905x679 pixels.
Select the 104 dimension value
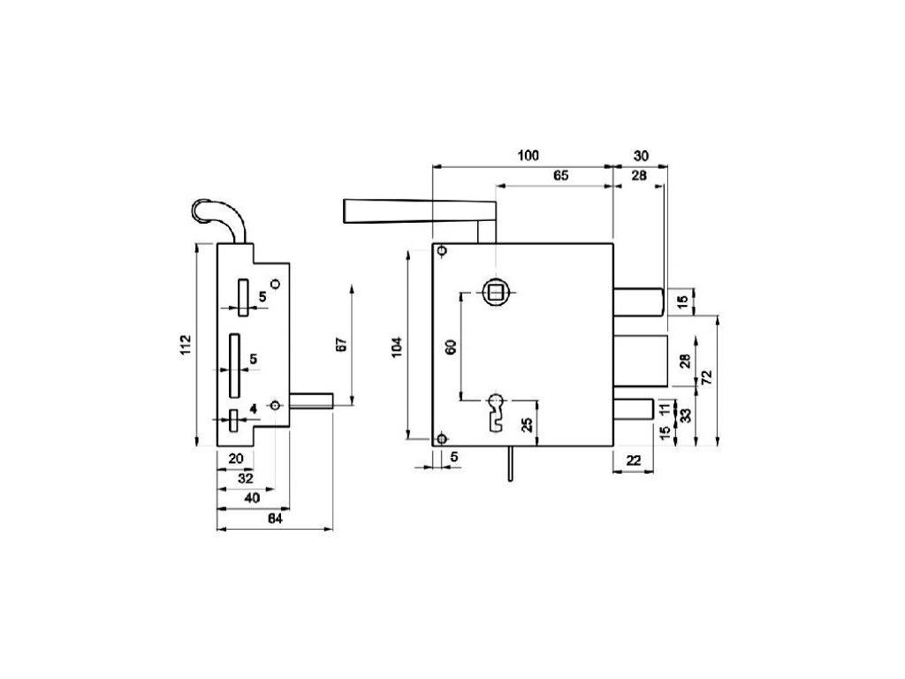tap(397, 347)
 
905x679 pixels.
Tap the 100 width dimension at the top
tap(528, 156)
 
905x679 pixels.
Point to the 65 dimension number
tap(560, 176)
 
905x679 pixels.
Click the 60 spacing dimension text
tap(451, 347)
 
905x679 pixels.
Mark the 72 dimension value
tap(706, 378)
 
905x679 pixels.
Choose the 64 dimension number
tap(274, 520)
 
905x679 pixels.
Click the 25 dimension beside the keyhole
tap(526, 423)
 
